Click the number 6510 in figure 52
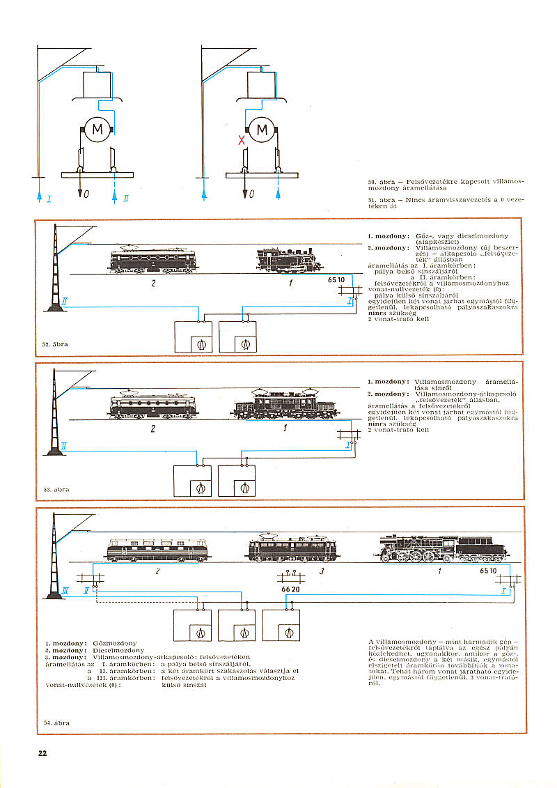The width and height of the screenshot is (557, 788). pyautogui.click(x=336, y=280)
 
